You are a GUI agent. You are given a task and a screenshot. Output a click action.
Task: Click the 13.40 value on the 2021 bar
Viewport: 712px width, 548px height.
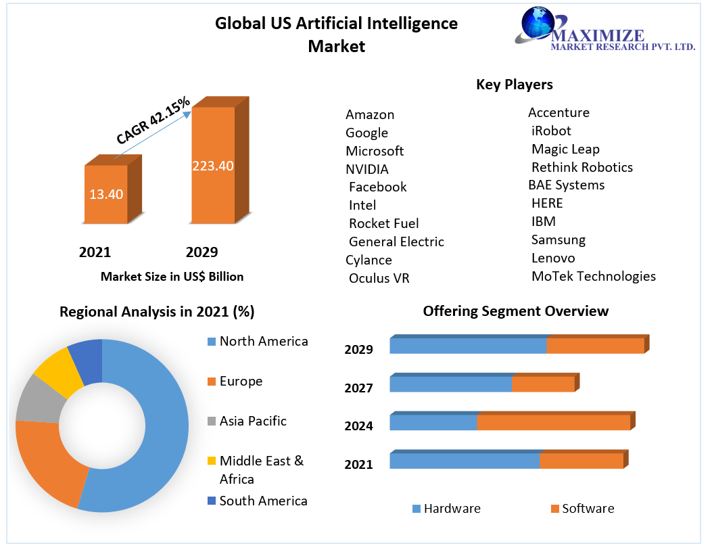point(106,194)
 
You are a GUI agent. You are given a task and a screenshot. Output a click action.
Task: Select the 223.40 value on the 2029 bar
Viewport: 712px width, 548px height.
point(213,166)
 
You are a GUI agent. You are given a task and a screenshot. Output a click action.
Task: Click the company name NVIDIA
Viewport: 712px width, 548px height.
point(367,169)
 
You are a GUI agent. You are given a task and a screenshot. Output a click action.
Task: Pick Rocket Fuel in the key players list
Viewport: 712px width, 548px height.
point(383,223)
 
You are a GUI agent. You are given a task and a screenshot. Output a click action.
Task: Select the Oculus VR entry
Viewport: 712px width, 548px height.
point(379,278)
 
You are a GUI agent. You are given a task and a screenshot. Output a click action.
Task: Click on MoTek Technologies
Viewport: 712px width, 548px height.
point(593,276)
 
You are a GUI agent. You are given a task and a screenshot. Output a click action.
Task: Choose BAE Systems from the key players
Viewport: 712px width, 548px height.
point(566,185)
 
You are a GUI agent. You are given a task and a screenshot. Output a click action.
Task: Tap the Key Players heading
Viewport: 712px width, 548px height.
point(515,84)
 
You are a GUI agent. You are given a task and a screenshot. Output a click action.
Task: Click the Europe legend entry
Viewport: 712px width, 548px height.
point(240,382)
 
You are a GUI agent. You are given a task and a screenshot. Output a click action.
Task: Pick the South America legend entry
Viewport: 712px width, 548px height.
point(262,501)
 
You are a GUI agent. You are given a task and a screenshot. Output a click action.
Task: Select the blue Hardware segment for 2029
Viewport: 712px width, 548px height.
point(468,346)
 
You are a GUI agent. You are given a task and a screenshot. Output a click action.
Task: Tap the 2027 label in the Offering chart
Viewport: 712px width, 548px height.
point(358,388)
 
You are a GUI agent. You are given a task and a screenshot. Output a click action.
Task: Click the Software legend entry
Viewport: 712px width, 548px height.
point(587,509)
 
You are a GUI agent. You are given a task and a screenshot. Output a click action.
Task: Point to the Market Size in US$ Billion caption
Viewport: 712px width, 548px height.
point(172,277)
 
